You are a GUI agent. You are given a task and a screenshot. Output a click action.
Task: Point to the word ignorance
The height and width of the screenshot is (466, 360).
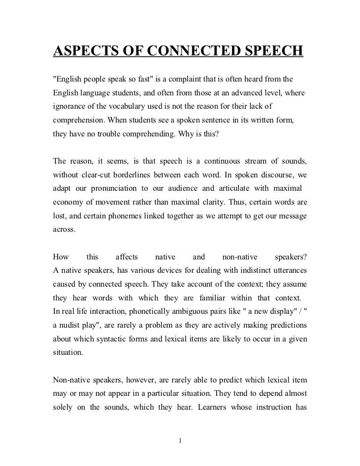click(x=70, y=106)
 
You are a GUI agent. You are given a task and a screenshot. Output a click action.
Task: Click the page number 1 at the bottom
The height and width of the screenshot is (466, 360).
click(x=180, y=440)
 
